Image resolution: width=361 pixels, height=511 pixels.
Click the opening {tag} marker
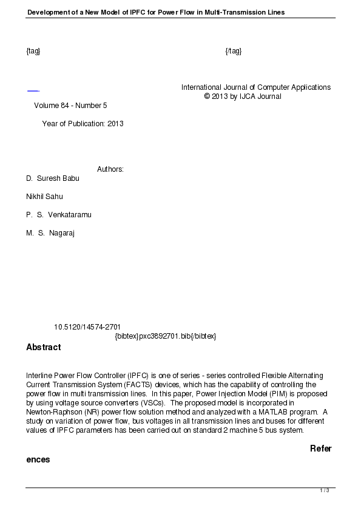click(33, 50)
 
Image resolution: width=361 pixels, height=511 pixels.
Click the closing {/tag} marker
click(234, 50)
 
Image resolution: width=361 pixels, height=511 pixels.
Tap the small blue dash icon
click(33, 91)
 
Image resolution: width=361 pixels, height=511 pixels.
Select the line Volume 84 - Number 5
click(70, 106)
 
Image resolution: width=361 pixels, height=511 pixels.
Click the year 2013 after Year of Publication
click(115, 124)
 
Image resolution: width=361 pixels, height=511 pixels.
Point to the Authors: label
click(110, 169)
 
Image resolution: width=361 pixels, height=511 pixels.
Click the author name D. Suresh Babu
click(53, 178)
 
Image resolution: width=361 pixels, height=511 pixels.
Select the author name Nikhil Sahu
click(44, 197)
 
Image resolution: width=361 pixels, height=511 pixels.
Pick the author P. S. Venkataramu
click(59, 215)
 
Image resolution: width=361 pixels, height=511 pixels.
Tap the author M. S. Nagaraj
click(50, 233)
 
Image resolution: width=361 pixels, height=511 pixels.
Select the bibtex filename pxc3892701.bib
click(166, 336)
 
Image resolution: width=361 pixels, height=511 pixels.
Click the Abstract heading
click(43, 348)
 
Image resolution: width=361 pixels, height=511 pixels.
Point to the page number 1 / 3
click(325, 490)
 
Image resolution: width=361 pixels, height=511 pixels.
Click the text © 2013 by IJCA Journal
click(243, 96)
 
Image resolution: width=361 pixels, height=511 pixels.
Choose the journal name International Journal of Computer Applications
click(256, 87)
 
